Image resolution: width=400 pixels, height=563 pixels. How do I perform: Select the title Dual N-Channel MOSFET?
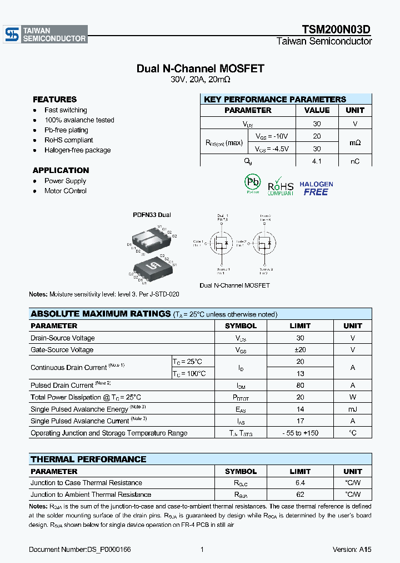(200, 68)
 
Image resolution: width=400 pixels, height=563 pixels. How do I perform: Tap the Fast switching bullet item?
(66, 110)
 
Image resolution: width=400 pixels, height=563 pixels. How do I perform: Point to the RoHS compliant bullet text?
(68, 140)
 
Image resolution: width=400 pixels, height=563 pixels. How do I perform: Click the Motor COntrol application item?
(66, 191)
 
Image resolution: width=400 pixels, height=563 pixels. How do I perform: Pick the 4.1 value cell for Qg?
(317, 161)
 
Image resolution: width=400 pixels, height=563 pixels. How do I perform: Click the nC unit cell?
(355, 161)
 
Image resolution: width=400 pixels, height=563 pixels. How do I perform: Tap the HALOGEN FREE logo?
(316, 188)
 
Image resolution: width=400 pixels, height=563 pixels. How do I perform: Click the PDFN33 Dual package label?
(152, 215)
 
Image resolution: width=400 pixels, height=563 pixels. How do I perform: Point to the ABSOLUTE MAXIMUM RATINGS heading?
(101, 314)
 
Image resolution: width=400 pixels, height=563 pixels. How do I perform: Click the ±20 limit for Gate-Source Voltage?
(300, 350)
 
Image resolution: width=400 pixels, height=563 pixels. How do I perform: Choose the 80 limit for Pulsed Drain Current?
(300, 385)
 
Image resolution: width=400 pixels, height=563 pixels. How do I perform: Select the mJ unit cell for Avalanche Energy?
(352, 409)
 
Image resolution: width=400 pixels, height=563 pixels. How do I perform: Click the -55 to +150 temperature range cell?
(300, 433)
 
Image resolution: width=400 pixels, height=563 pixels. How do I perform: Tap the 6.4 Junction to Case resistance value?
(300, 483)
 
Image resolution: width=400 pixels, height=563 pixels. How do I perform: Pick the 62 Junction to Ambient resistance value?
(300, 495)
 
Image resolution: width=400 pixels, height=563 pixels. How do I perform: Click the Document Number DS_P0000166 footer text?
(80, 550)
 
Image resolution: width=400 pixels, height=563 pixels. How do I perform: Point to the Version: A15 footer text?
(352, 550)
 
